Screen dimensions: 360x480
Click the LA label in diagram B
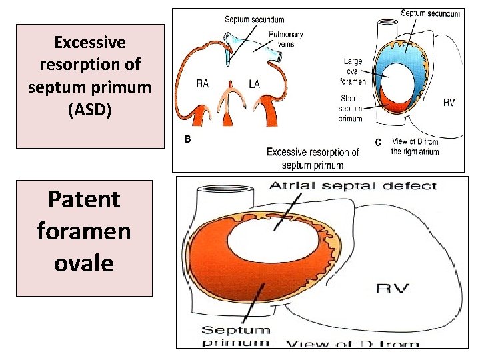point(254,84)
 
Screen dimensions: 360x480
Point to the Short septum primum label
point(349,109)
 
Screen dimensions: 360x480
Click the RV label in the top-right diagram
point(449,103)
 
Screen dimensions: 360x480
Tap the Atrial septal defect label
point(353,185)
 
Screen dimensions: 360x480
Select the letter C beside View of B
point(378,142)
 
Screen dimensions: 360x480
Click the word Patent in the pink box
point(84,199)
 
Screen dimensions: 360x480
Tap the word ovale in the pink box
point(84,262)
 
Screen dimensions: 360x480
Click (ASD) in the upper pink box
point(90,110)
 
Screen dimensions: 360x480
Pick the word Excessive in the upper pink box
point(90,43)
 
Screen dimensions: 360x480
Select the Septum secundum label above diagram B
point(255,19)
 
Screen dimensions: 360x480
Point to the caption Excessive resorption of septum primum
point(313,158)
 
